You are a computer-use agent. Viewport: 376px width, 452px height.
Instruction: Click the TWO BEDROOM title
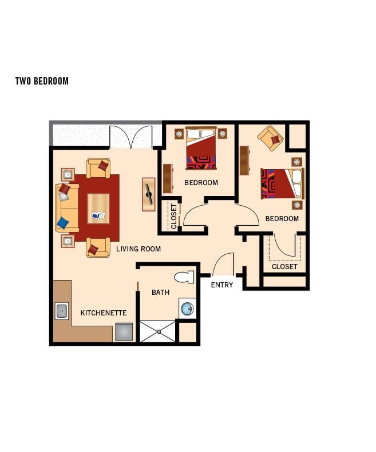point(42,81)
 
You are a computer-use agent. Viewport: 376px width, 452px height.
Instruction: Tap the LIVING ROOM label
point(138,249)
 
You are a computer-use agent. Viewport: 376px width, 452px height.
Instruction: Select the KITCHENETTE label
point(104,313)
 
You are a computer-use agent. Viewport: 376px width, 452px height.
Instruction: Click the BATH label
point(160,293)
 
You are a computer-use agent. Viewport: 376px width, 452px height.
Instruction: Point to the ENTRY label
point(222,285)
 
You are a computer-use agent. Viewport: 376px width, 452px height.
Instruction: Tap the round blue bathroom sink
point(187,309)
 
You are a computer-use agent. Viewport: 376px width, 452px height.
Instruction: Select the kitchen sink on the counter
point(62,311)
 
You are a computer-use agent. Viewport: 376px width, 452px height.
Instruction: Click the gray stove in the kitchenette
point(124,331)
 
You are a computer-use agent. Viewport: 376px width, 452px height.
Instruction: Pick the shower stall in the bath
point(157,331)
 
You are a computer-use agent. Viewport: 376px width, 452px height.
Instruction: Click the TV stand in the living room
point(149,194)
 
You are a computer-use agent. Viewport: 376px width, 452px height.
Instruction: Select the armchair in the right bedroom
point(270,138)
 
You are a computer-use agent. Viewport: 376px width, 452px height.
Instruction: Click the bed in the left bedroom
point(201,149)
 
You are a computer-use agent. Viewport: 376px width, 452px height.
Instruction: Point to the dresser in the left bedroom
point(168,178)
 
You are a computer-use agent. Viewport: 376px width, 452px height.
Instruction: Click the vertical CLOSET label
point(174,216)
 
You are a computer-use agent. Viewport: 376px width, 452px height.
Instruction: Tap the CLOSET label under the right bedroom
point(284,266)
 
